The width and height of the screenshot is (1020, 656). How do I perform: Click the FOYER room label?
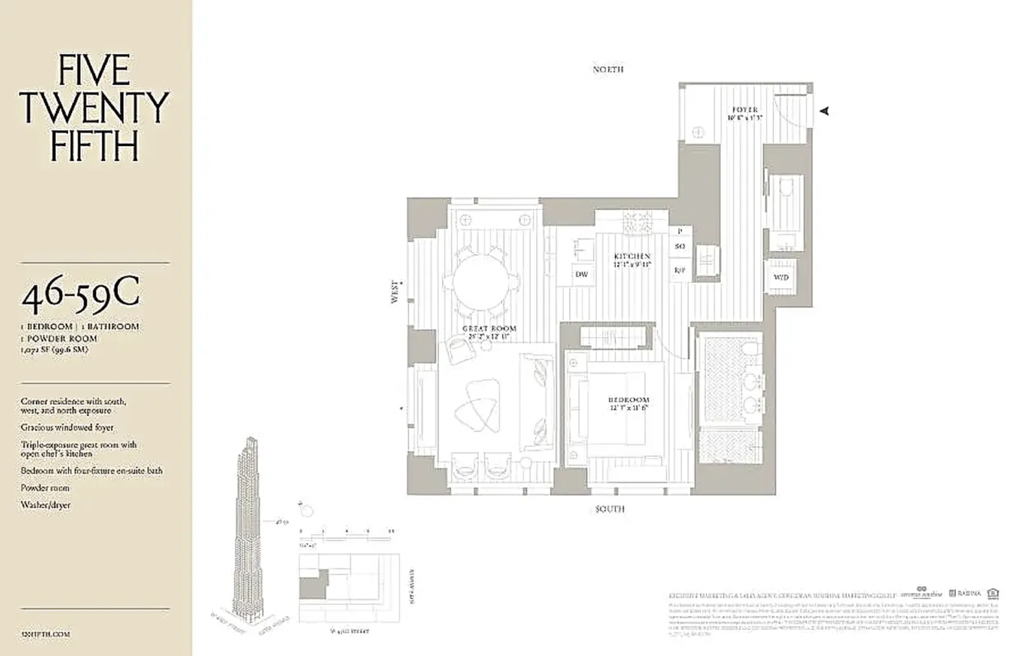(x=745, y=110)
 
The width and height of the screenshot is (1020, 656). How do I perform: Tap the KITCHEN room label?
(x=632, y=256)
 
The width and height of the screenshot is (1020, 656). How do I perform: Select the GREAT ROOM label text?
(x=489, y=328)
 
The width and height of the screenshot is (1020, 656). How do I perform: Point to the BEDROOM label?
(x=628, y=400)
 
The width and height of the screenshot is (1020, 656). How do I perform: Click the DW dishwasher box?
(x=581, y=275)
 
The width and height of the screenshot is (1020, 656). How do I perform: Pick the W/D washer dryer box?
(x=780, y=277)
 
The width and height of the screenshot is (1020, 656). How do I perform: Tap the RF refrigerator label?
(x=680, y=270)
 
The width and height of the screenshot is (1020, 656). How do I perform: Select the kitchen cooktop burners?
(x=638, y=222)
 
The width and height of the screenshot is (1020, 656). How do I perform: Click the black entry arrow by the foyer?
(x=824, y=111)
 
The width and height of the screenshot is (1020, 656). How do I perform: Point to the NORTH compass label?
(x=608, y=69)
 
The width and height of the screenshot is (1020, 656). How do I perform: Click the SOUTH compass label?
(x=609, y=509)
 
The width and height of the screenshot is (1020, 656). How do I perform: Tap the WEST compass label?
(x=395, y=292)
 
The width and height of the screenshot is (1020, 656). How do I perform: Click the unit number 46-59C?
(x=80, y=295)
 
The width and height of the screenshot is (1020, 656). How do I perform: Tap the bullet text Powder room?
(x=45, y=488)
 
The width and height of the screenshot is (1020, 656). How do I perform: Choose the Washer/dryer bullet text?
(x=45, y=505)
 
